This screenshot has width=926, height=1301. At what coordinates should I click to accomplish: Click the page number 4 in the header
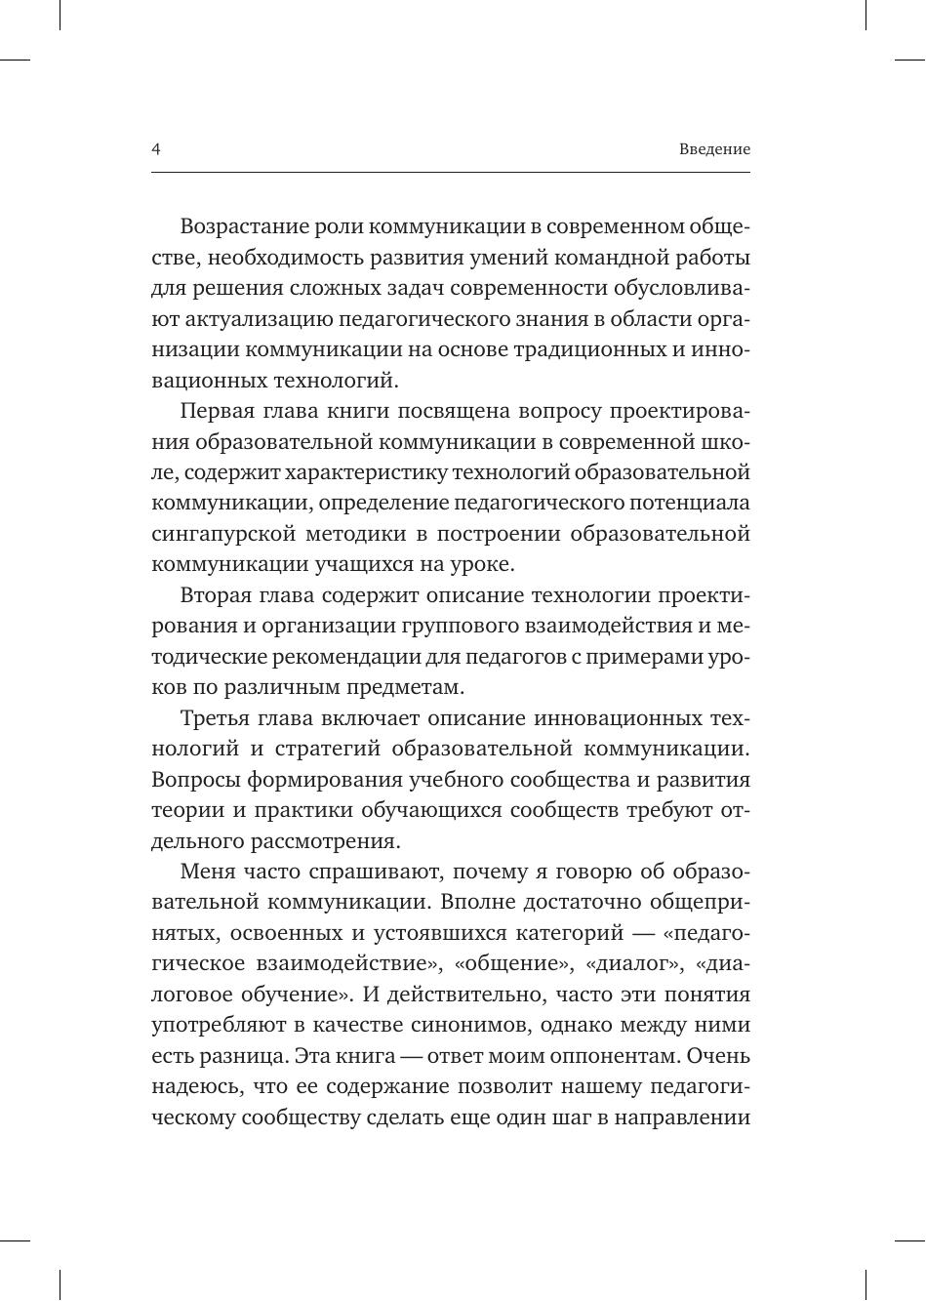point(156,149)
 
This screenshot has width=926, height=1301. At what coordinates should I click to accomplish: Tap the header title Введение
point(714,149)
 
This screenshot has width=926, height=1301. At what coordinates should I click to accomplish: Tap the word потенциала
point(691,504)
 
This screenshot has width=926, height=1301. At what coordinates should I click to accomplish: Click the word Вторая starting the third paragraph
point(217,595)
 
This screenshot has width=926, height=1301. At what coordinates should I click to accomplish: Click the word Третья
point(217,718)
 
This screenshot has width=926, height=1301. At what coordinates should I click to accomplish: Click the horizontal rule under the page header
point(451,173)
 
